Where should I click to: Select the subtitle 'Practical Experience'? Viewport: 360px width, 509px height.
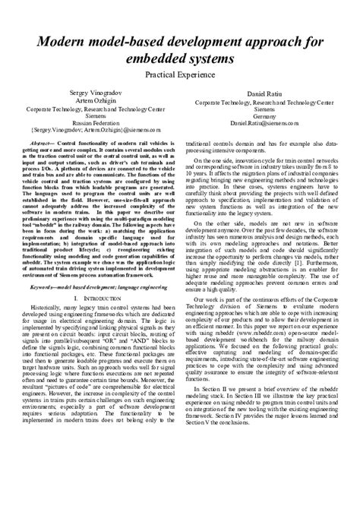pyautogui.click(x=180, y=77)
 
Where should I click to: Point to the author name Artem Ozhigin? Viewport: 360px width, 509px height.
pyautogui.click(x=90, y=102)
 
